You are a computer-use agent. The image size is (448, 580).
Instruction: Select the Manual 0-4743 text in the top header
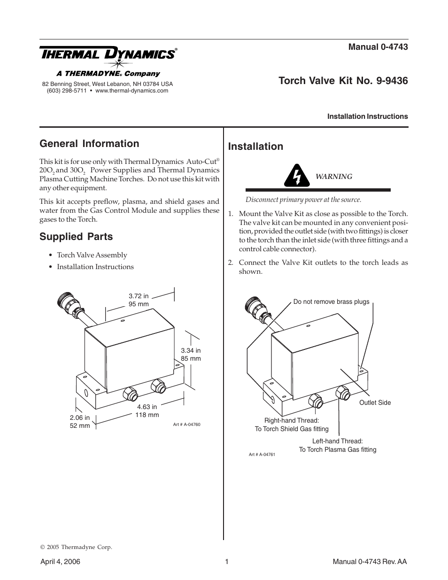click(378, 46)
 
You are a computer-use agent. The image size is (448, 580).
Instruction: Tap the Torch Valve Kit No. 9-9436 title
click(343, 81)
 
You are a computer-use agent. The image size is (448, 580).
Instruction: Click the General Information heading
click(89, 144)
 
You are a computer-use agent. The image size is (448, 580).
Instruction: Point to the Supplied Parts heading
click(76, 237)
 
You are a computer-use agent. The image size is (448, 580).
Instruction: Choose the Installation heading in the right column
click(255, 147)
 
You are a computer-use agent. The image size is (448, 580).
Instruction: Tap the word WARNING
click(333, 177)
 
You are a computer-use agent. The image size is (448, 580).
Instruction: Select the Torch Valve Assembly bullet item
click(92, 255)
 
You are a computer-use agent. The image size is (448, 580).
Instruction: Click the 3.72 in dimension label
click(139, 296)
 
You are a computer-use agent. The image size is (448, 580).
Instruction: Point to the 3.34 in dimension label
click(191, 350)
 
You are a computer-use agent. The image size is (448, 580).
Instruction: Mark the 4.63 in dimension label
click(147, 407)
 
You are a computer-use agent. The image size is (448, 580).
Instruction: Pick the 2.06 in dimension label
click(80, 418)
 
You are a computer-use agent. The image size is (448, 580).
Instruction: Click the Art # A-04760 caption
click(187, 424)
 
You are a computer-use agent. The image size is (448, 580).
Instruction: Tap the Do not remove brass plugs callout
click(331, 302)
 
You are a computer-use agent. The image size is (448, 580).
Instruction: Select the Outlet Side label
click(375, 402)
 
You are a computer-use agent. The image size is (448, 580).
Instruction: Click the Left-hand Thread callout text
click(337, 441)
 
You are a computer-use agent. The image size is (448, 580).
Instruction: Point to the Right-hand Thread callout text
click(292, 420)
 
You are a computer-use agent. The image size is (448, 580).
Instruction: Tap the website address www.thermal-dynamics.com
click(131, 91)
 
